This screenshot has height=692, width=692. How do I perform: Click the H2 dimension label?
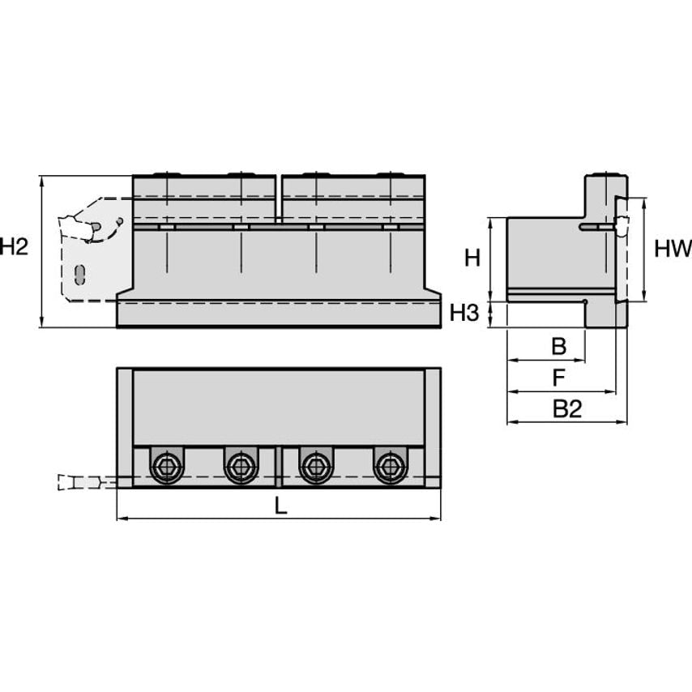coord(14,246)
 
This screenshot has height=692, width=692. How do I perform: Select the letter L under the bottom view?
coord(280,506)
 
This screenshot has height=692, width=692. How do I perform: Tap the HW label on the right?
coord(673,249)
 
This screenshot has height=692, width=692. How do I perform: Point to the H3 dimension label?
coord(465,313)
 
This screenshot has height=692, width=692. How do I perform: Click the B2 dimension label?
coord(567,409)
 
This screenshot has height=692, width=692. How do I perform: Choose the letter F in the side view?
coord(559,378)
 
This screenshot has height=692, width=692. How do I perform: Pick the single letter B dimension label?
coord(559,347)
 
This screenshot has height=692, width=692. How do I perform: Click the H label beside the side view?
coord(472,258)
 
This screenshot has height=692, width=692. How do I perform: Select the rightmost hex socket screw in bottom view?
coord(389,466)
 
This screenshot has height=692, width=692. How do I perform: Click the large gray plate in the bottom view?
coord(279,407)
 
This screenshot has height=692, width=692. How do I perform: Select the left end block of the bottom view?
coord(125,427)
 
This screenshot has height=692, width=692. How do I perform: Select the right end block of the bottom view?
coord(433,427)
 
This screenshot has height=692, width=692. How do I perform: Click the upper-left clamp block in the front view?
coord(204,199)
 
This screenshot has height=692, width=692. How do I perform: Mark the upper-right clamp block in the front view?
coord(353,199)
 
